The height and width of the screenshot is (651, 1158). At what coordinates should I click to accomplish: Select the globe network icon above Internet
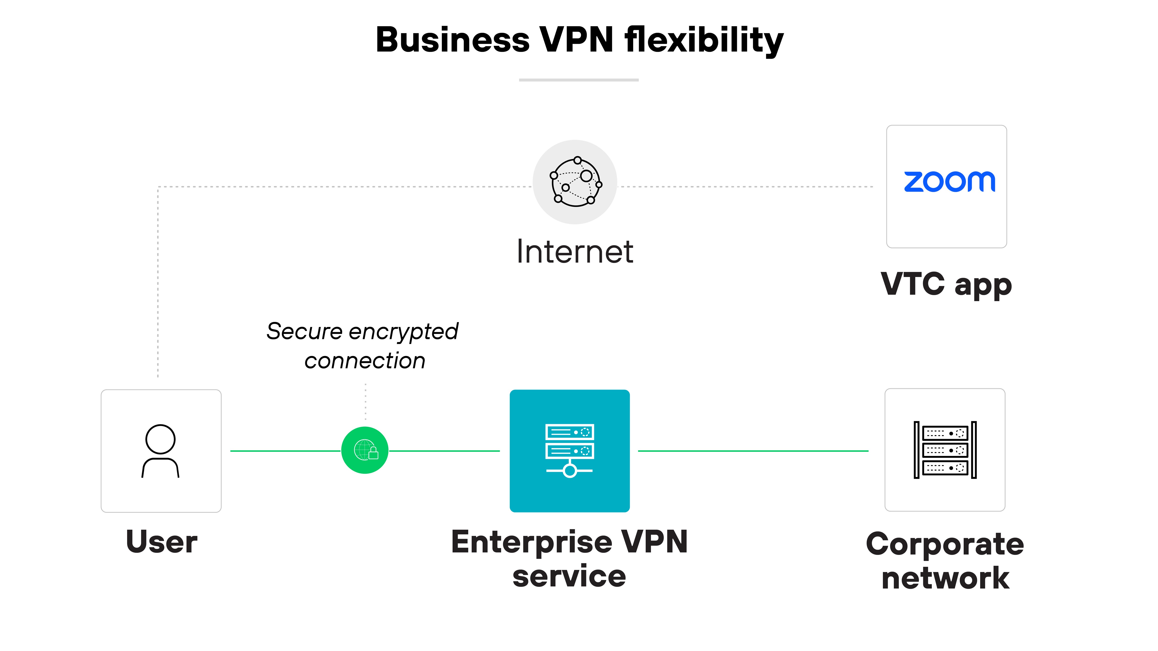(575, 182)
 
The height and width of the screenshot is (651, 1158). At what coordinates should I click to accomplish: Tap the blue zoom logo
(949, 182)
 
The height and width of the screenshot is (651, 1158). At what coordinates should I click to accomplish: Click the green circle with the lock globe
(365, 450)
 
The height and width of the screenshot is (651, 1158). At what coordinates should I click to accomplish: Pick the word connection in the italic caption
(365, 361)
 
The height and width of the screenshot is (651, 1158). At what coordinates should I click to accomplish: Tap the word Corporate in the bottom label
(945, 544)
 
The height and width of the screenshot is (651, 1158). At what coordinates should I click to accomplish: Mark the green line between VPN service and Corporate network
(753, 451)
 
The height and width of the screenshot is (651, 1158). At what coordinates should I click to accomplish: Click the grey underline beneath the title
(579, 80)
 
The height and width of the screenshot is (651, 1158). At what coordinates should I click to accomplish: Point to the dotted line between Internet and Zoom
(746, 187)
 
